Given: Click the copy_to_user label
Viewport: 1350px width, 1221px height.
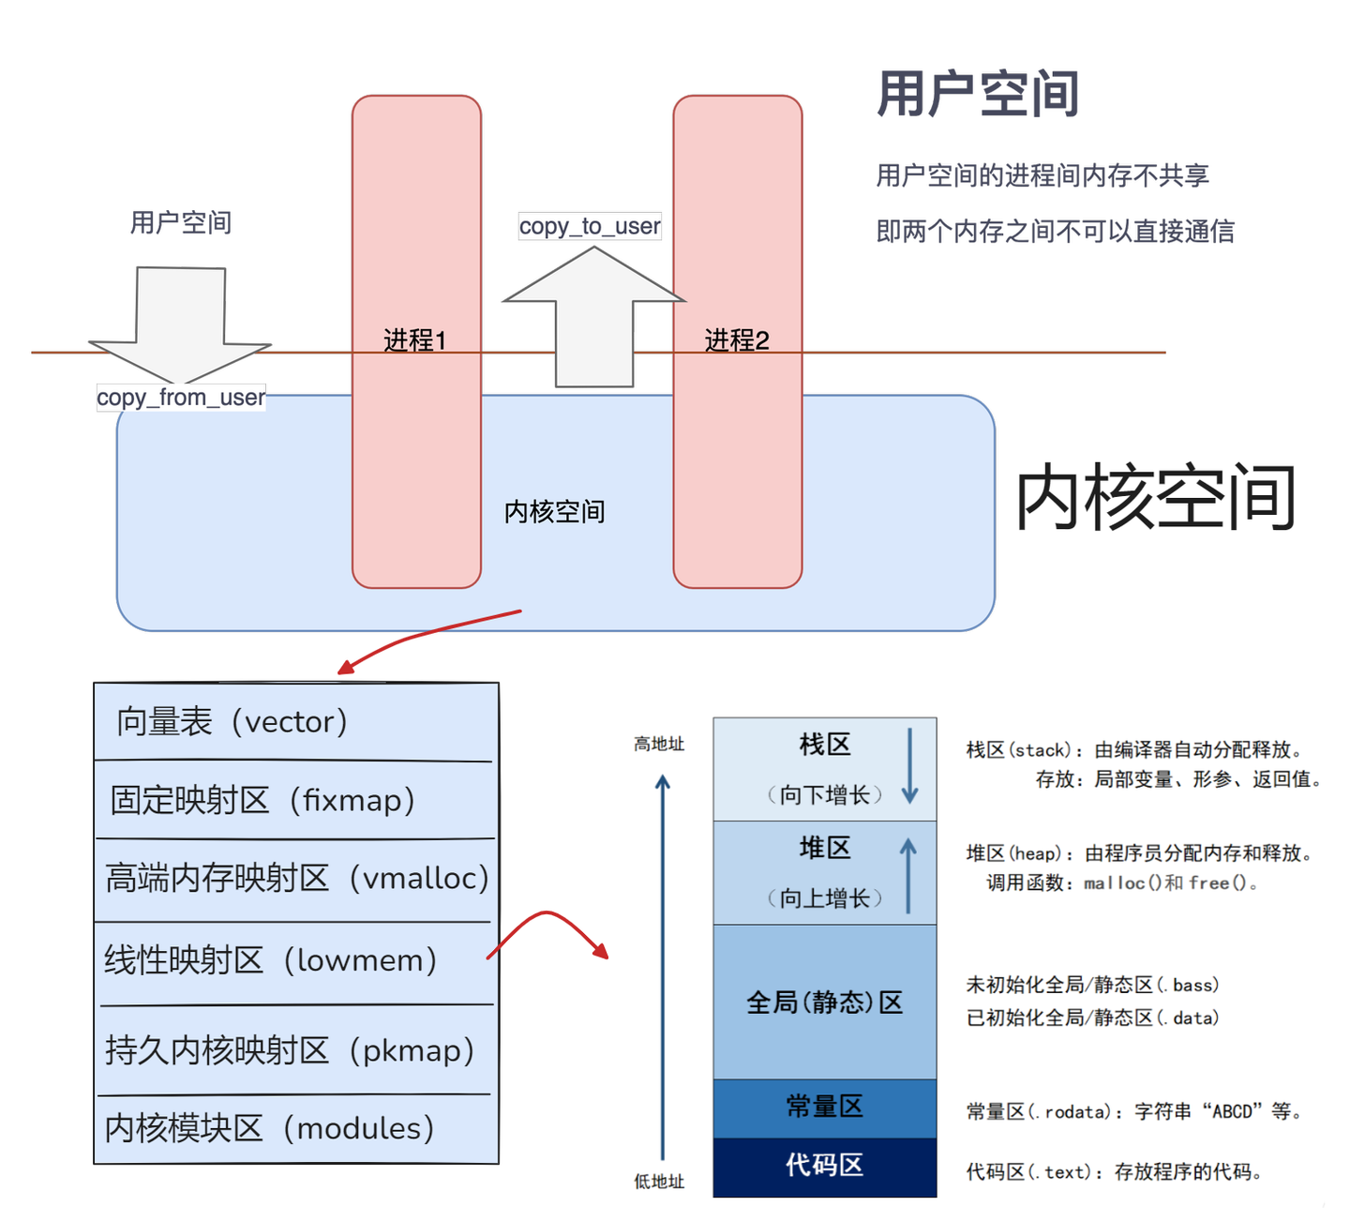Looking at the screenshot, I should tap(590, 226).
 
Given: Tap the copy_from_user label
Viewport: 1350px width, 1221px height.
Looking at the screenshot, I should tap(181, 398).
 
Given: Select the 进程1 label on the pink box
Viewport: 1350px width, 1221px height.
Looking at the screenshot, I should tap(415, 339).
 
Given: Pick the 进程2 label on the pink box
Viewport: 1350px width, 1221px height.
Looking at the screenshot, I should tap(737, 339).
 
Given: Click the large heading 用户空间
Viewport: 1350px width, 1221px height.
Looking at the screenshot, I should tap(978, 94).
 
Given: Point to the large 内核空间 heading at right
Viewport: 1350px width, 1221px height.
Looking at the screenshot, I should tap(1156, 497).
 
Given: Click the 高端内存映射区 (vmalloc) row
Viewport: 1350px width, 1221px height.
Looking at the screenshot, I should tap(297, 878).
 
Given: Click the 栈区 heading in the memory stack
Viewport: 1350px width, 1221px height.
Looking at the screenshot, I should tap(825, 745).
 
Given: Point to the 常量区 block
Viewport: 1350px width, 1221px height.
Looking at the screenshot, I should tap(824, 1107).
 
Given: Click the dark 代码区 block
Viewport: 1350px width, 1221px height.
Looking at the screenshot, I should tap(824, 1166).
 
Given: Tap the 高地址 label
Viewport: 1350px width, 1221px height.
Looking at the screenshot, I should tap(659, 744).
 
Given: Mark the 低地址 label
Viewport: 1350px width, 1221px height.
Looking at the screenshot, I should tap(659, 1182).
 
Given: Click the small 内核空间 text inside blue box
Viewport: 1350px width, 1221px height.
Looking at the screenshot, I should tap(554, 512).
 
